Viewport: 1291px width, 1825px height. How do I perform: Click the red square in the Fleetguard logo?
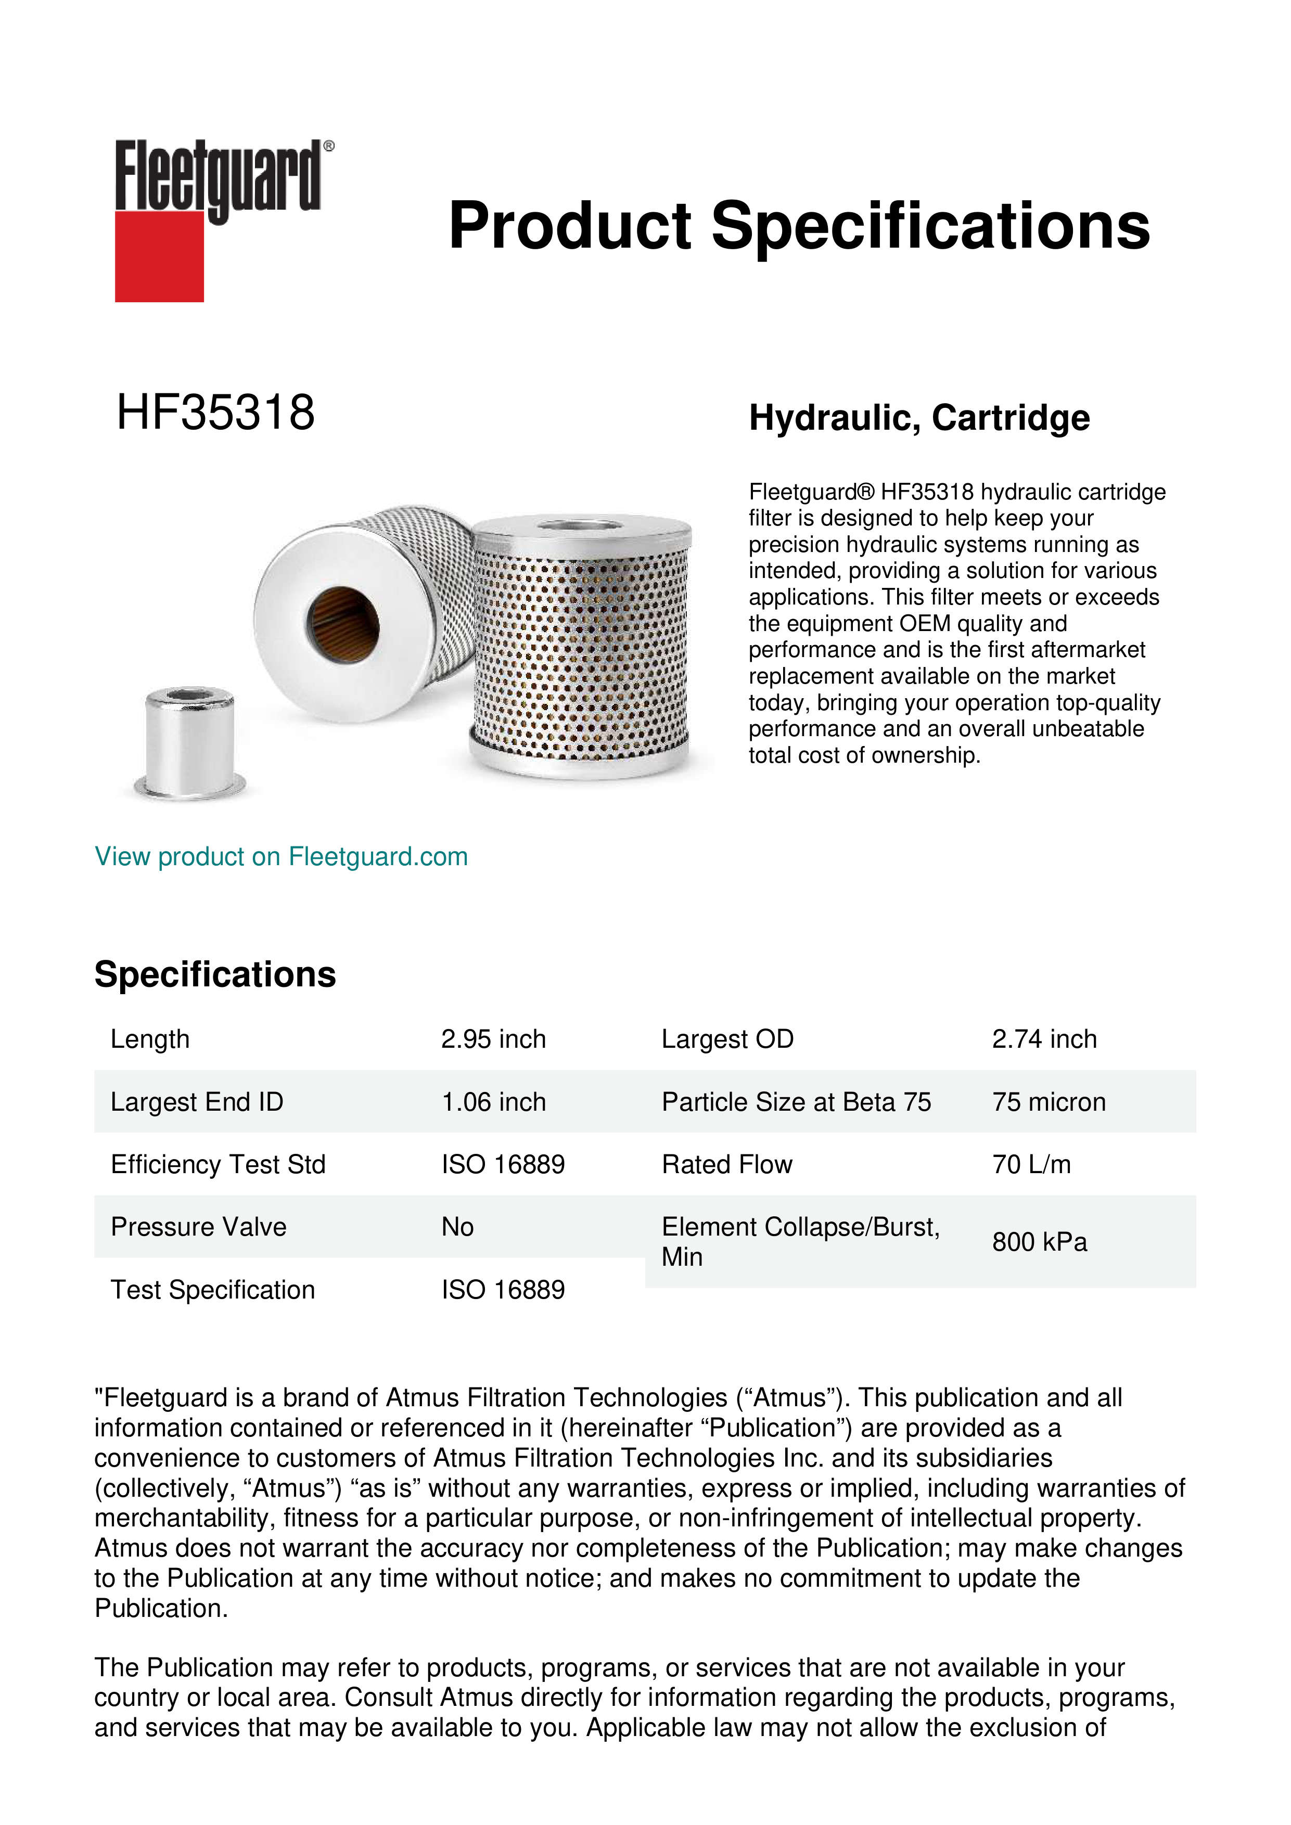(x=159, y=256)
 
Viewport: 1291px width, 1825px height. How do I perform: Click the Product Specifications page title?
(x=799, y=226)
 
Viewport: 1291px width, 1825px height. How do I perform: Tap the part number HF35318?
(x=215, y=413)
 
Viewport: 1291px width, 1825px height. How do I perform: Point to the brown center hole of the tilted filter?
(x=342, y=625)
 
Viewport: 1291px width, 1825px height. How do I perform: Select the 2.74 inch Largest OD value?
(x=1044, y=1039)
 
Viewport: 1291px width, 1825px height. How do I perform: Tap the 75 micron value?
(x=1049, y=1102)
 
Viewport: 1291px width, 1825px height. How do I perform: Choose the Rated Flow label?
(x=726, y=1164)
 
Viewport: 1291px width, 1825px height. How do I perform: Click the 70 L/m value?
(x=1031, y=1164)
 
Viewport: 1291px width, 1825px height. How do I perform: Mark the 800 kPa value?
(x=1039, y=1242)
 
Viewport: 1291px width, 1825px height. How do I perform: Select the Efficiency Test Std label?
(x=218, y=1164)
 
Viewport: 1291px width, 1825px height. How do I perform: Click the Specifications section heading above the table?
(x=214, y=974)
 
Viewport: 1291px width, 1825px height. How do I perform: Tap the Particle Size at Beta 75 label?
(x=796, y=1102)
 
